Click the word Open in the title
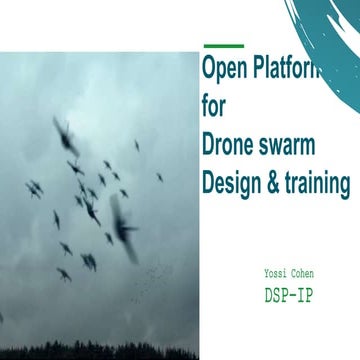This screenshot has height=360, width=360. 223,70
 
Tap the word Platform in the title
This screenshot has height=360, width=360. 287,70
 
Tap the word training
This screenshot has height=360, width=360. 319,184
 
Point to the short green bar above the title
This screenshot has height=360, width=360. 223,45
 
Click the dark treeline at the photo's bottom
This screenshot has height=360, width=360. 100,349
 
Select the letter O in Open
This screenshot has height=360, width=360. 209,70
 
